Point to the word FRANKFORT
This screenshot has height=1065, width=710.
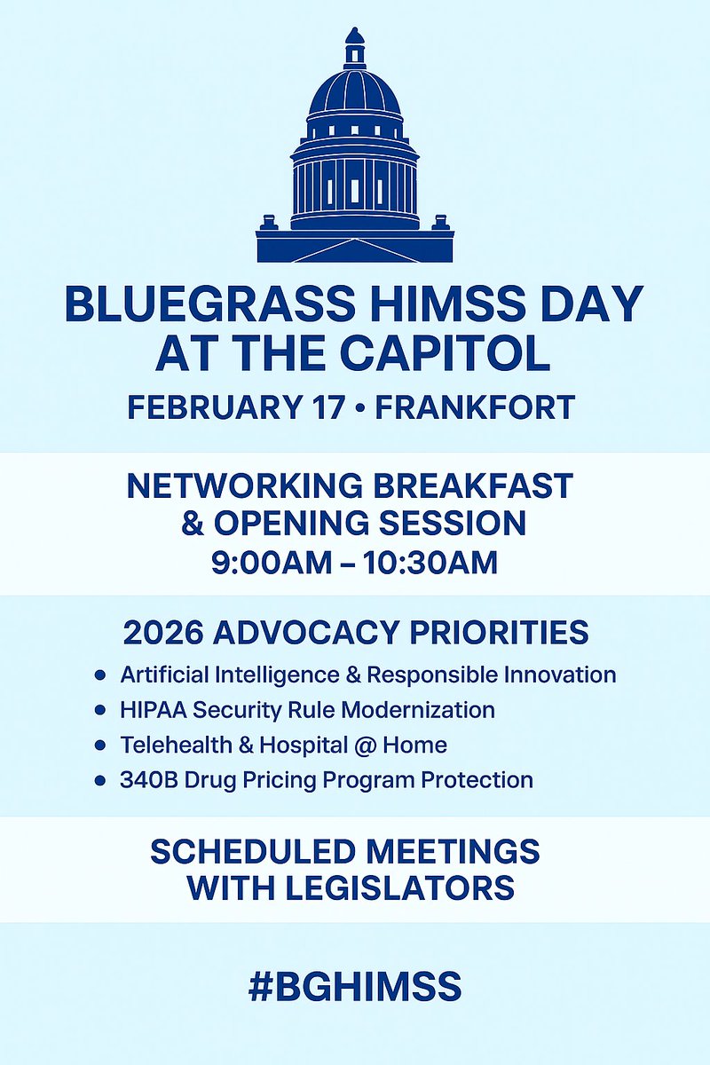(475, 407)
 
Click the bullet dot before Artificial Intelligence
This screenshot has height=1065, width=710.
(100, 675)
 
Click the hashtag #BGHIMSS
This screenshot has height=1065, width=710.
(355, 987)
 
